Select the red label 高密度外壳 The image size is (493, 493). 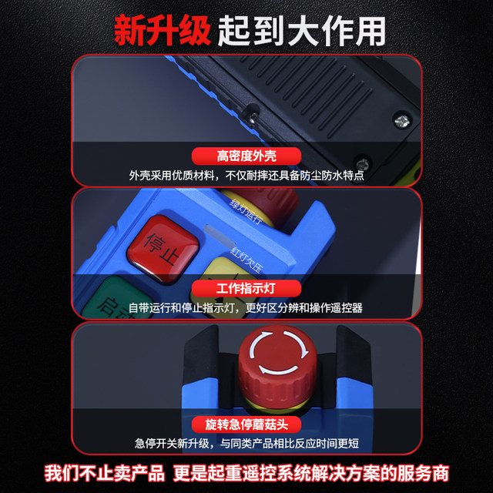coord(246,156)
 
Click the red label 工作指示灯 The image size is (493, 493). coord(246,288)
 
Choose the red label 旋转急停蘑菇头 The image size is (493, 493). coord(246,425)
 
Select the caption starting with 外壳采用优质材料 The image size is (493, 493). coord(246,176)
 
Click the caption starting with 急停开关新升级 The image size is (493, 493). coord(246,444)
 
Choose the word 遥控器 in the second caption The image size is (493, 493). coord(347,307)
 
